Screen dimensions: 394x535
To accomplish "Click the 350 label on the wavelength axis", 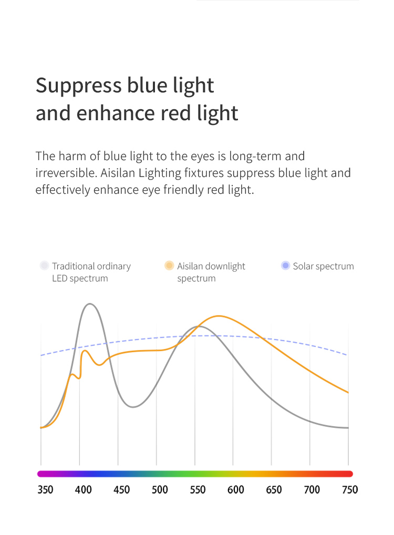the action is point(45,490).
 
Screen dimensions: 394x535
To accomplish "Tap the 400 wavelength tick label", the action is point(84,490).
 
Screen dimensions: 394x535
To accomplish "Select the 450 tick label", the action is point(121,490).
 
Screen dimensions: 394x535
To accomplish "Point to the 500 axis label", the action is point(160,490).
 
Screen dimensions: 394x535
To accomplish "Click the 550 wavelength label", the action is point(198,490).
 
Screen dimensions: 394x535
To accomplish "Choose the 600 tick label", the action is point(235,490).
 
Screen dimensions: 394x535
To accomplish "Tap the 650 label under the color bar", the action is point(274,490).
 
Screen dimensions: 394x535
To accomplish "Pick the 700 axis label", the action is point(312,490).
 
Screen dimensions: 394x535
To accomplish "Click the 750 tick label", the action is point(350,490).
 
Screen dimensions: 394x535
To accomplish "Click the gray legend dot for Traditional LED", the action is point(44,266).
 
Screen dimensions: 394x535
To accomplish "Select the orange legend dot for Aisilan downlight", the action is point(169,266).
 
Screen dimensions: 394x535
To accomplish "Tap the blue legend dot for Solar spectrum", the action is point(285,266).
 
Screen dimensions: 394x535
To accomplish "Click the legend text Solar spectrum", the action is point(323,266).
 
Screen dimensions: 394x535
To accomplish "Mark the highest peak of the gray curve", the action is point(90,303).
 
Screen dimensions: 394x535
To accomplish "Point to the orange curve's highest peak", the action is point(219,316).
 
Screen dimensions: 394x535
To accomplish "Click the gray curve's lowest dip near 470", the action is point(133,407).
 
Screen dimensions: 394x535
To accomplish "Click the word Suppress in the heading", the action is point(78,85).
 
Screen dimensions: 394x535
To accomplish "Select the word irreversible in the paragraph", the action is point(67,173).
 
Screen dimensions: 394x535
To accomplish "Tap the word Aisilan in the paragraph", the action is point(118,173).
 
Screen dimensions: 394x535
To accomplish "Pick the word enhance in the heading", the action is point(116,113).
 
